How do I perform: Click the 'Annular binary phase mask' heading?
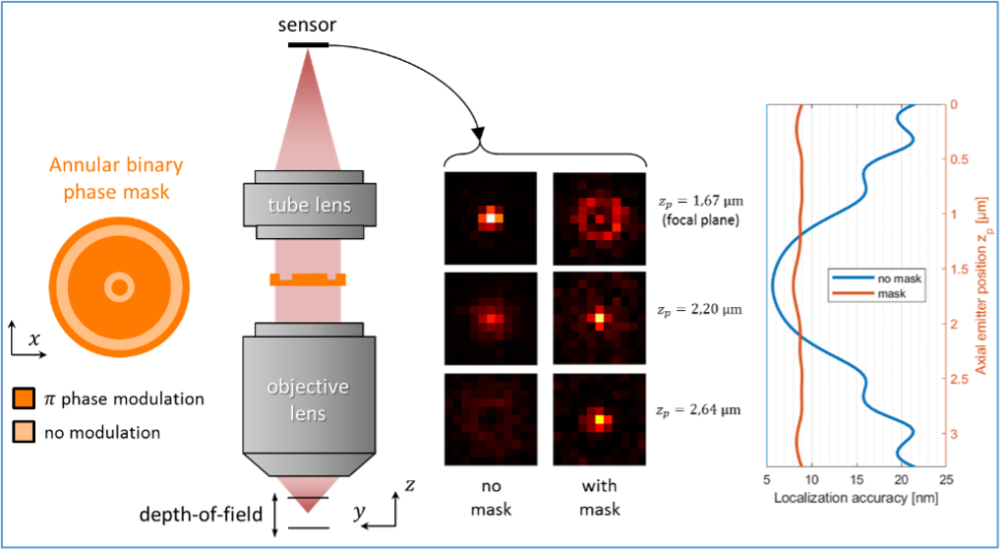point(118,178)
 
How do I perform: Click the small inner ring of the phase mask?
point(119,287)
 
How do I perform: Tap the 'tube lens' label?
point(311,206)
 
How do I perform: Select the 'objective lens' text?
point(309,399)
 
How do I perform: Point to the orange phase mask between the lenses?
point(309,280)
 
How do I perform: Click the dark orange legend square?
point(24,399)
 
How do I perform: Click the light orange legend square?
point(24,431)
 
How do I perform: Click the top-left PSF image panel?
point(490,217)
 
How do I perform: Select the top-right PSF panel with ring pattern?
point(599,217)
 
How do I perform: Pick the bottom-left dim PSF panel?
point(490,418)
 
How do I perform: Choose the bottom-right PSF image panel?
point(599,418)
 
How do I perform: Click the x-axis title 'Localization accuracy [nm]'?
point(855,498)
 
